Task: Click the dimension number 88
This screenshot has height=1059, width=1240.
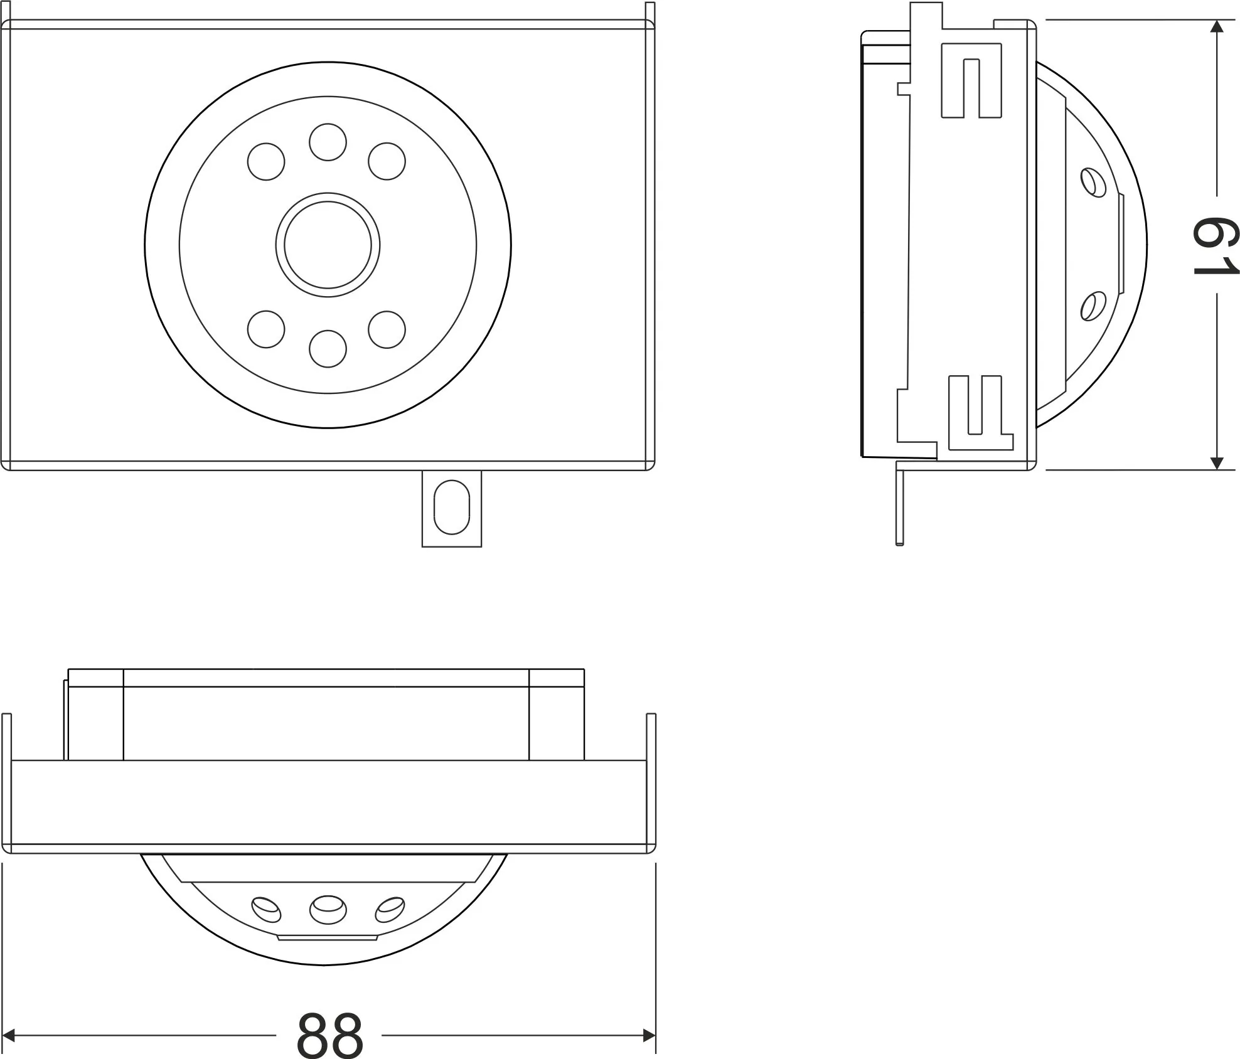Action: [329, 1035]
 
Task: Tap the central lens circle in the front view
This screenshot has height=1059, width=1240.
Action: [328, 245]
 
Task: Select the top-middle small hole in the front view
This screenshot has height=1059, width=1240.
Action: [328, 142]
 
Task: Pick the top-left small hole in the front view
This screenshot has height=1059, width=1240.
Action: [266, 161]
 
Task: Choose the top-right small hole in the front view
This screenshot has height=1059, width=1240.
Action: [387, 161]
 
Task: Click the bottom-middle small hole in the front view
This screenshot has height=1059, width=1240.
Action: [328, 348]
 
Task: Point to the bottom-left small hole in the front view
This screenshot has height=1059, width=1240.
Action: [266, 329]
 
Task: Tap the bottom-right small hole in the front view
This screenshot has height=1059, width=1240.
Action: [387, 329]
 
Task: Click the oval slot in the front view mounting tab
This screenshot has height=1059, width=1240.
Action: [451, 507]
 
